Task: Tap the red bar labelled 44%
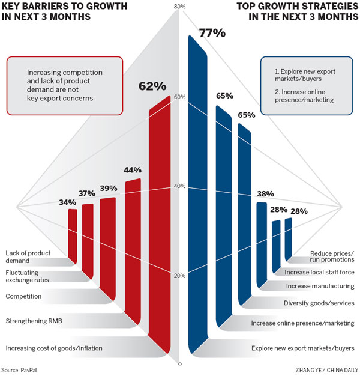click(133, 240)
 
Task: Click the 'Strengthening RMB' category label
click(34, 321)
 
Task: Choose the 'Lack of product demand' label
click(28, 257)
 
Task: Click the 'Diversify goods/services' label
click(320, 303)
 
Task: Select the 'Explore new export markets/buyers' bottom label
click(303, 348)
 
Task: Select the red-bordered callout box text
click(65, 85)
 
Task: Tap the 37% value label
click(87, 194)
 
